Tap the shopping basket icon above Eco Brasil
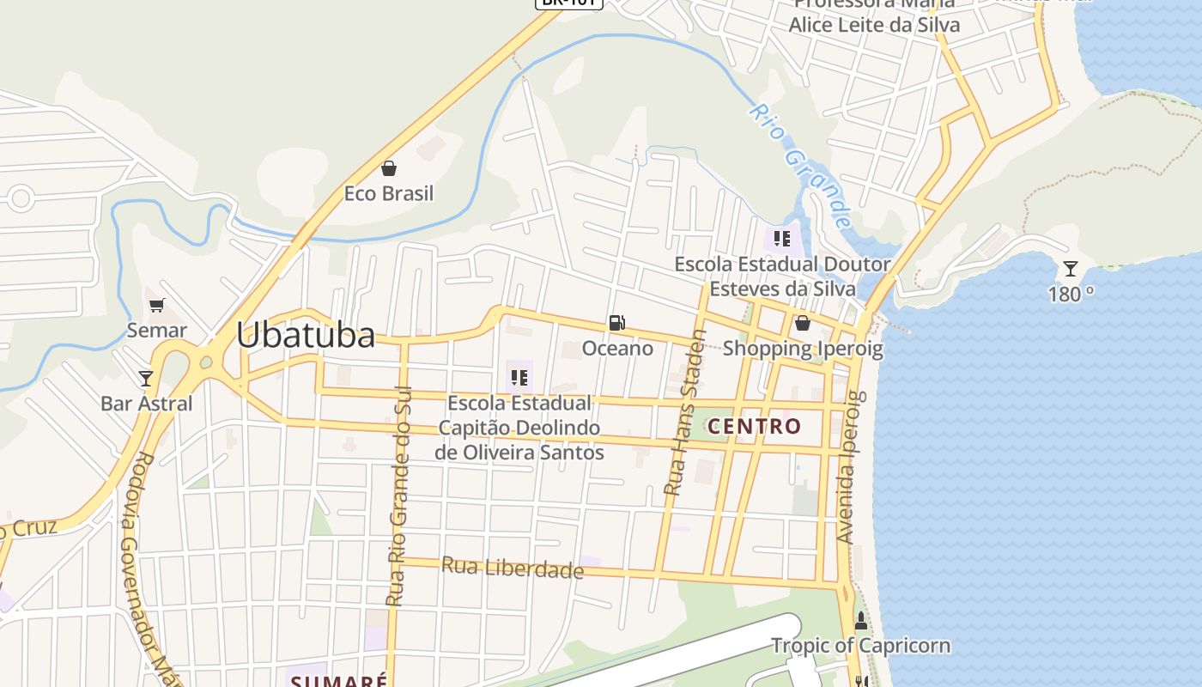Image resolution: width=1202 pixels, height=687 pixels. (x=389, y=168)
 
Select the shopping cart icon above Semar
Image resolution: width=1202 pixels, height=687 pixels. (x=156, y=306)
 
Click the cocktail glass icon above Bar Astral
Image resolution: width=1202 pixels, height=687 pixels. (x=146, y=379)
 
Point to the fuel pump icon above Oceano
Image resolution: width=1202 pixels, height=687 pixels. (x=616, y=323)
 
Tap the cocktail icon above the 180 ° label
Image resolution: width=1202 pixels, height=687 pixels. (x=1070, y=269)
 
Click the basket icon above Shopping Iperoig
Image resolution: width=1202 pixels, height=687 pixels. (x=802, y=323)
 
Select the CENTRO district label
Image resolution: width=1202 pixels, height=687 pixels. (x=755, y=426)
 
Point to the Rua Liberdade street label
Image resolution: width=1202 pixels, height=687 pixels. (x=513, y=567)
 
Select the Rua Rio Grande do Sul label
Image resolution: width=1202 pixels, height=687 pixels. (x=399, y=496)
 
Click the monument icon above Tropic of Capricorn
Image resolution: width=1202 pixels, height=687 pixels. (x=860, y=620)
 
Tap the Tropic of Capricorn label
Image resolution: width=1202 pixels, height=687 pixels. (x=860, y=645)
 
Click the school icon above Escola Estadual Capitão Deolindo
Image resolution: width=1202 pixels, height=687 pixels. (x=519, y=378)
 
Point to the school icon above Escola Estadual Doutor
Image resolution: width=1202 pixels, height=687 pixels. (x=781, y=239)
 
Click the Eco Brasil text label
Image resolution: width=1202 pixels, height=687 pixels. (x=389, y=193)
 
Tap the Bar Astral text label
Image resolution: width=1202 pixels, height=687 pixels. (x=146, y=404)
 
